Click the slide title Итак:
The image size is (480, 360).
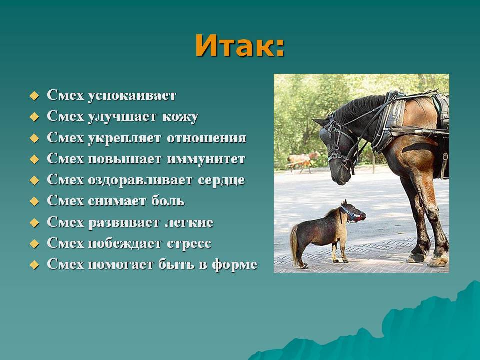240,46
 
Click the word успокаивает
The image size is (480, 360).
132,96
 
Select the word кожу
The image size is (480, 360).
180,117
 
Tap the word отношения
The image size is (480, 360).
206,138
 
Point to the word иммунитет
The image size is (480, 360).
206,159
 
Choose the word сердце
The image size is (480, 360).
221,180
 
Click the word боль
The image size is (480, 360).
168,201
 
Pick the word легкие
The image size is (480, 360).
189,222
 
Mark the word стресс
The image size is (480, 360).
189,244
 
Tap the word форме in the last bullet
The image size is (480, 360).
235,265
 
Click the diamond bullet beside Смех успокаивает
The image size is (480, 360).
34,96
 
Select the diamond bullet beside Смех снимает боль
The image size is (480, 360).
34,201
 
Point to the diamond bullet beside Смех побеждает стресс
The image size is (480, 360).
34,244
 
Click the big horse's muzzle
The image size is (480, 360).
339,174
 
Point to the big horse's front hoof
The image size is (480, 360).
438,261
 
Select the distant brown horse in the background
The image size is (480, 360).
302,160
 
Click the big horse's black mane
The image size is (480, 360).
358,107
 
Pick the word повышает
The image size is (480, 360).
125,159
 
